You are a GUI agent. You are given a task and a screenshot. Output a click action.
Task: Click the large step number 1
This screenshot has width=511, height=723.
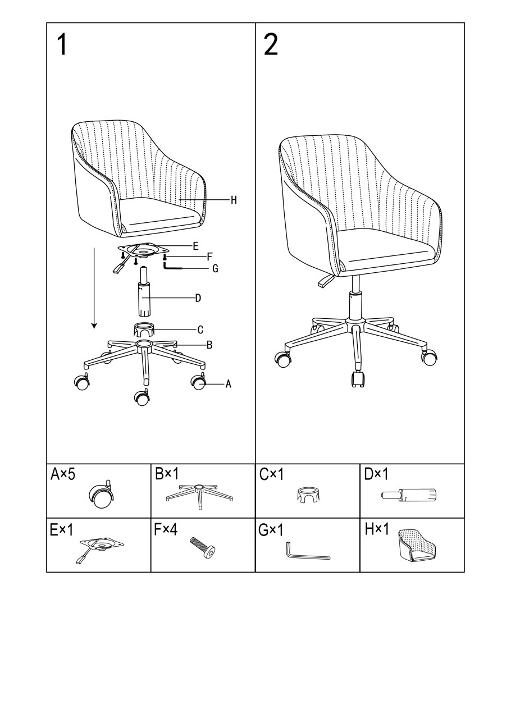62,45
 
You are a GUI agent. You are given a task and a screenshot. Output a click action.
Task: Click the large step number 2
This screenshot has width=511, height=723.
271,45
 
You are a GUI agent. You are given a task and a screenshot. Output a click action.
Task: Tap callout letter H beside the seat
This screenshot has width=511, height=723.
234,200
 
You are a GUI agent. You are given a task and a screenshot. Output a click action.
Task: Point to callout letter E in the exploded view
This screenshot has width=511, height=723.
195,246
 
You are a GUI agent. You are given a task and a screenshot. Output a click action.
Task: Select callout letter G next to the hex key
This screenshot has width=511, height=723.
215,268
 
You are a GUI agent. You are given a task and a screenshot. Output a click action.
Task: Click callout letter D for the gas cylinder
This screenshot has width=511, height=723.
198,298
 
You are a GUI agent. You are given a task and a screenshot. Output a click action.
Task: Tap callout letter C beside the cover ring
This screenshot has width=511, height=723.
200,330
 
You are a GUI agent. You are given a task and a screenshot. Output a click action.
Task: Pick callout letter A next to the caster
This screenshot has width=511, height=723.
228,384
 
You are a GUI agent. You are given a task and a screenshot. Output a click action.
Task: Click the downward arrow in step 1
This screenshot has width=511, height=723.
94,288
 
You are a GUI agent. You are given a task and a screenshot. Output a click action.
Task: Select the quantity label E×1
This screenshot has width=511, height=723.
62,530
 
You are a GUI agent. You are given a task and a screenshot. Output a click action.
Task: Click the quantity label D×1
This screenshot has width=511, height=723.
376,474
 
